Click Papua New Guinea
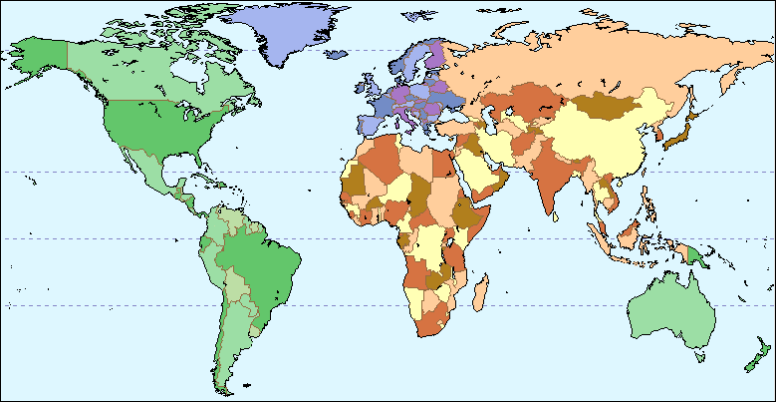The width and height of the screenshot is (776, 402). click(x=697, y=253)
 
